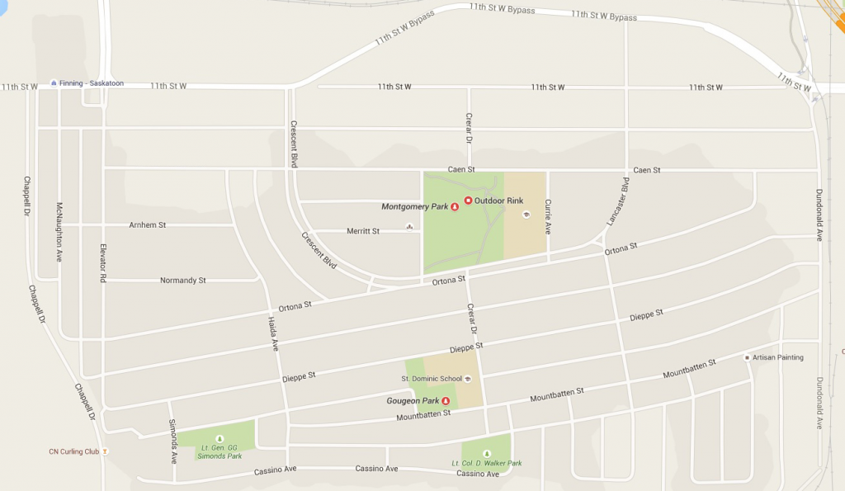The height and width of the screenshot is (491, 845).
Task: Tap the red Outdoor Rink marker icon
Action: coord(468,201)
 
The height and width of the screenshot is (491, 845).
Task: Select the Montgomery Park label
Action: coord(414,206)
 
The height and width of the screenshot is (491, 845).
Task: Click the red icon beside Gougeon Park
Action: coord(446,401)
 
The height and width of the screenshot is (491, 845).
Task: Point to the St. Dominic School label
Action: coord(432,379)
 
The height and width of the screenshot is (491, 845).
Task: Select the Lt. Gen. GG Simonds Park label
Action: coord(219,451)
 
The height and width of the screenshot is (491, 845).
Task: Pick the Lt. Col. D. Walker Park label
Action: coord(487,463)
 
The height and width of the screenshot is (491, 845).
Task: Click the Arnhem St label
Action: coord(148,224)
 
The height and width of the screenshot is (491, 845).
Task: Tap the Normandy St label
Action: coord(182,281)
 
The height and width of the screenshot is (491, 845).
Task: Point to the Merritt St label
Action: coord(363,231)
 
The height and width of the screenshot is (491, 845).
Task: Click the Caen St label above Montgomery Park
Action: coord(461,169)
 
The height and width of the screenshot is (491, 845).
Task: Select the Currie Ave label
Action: coord(547,216)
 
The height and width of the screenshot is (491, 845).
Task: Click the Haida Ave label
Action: coord(273,334)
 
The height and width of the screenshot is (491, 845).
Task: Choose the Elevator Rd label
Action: coord(103,263)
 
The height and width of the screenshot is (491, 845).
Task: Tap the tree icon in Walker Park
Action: coord(486,453)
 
